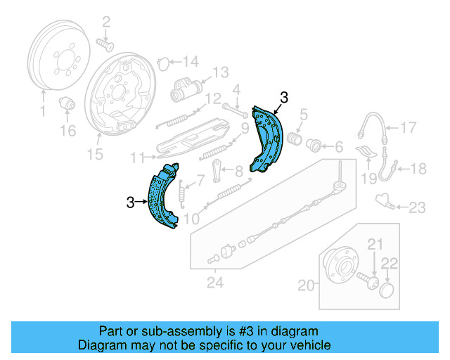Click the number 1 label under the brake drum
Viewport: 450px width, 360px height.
tap(41, 111)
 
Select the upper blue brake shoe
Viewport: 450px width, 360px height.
tap(267, 141)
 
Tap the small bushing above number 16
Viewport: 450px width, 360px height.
tap(69, 103)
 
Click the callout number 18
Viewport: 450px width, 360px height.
tap(418, 168)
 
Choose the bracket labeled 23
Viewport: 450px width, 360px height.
tap(384, 200)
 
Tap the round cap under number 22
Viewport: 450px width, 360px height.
tap(386, 290)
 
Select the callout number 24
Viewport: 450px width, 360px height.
tap(215, 283)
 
